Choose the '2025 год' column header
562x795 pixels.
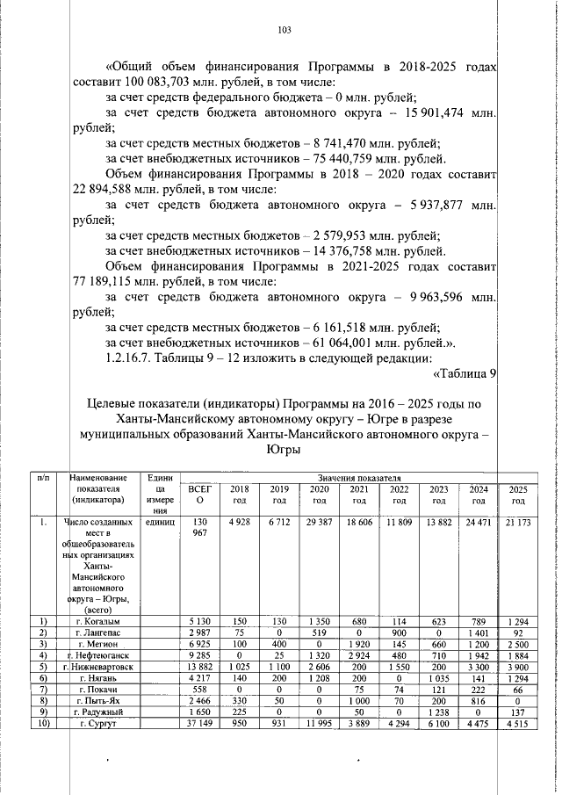[x=518, y=494]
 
